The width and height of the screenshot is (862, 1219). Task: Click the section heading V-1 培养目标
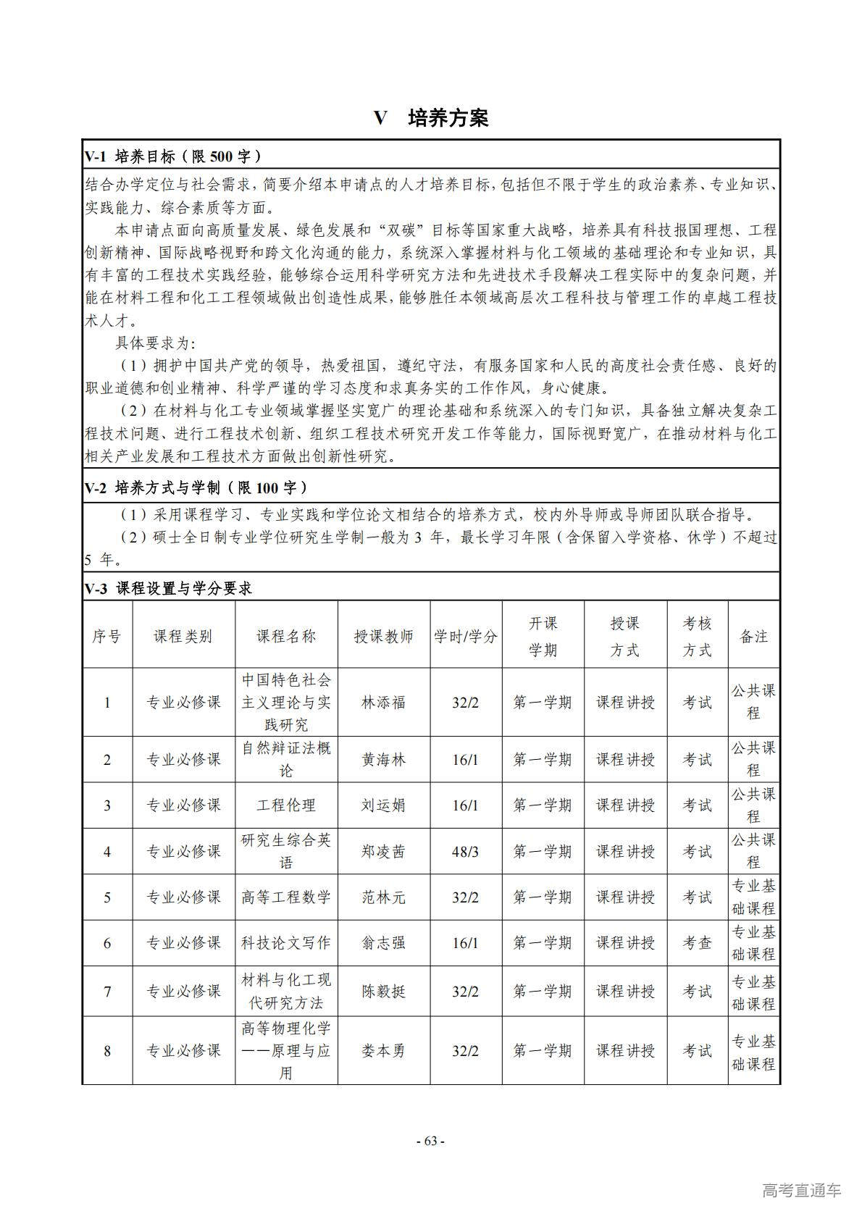(173, 156)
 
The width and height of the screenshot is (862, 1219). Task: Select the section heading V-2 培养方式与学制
(196, 487)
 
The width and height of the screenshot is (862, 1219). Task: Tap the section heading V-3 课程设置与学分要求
(169, 589)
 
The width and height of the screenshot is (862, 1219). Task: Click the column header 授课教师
(383, 636)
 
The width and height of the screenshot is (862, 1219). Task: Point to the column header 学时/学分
(466, 636)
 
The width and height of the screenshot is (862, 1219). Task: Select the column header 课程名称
(286, 636)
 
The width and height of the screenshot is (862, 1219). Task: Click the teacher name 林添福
(383, 702)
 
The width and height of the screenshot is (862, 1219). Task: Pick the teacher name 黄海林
(383, 759)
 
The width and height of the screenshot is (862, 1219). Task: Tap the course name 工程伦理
(286, 805)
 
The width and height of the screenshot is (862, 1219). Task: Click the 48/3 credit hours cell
(465, 851)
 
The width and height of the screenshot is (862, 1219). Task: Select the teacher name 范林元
(383, 897)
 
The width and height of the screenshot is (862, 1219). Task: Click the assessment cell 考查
(697, 943)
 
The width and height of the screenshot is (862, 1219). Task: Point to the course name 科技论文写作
(286, 943)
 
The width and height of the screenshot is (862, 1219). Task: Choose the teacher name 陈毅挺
(383, 992)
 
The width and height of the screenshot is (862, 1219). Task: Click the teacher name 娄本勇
(383, 1050)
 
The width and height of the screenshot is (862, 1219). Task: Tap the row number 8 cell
(107, 1050)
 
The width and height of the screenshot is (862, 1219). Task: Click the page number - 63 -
(430, 1141)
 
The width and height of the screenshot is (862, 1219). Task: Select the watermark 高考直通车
(801, 1190)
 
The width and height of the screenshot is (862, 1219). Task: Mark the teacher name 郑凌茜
(383, 851)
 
